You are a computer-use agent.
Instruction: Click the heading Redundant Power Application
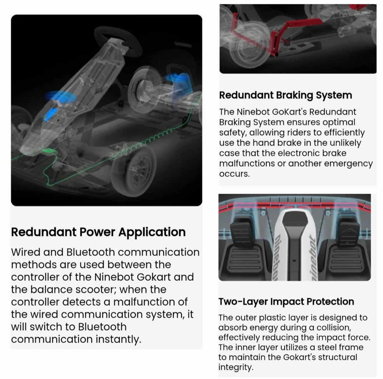point(98,232)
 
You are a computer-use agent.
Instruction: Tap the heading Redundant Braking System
point(286,95)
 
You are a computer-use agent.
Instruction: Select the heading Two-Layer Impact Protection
point(286,301)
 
